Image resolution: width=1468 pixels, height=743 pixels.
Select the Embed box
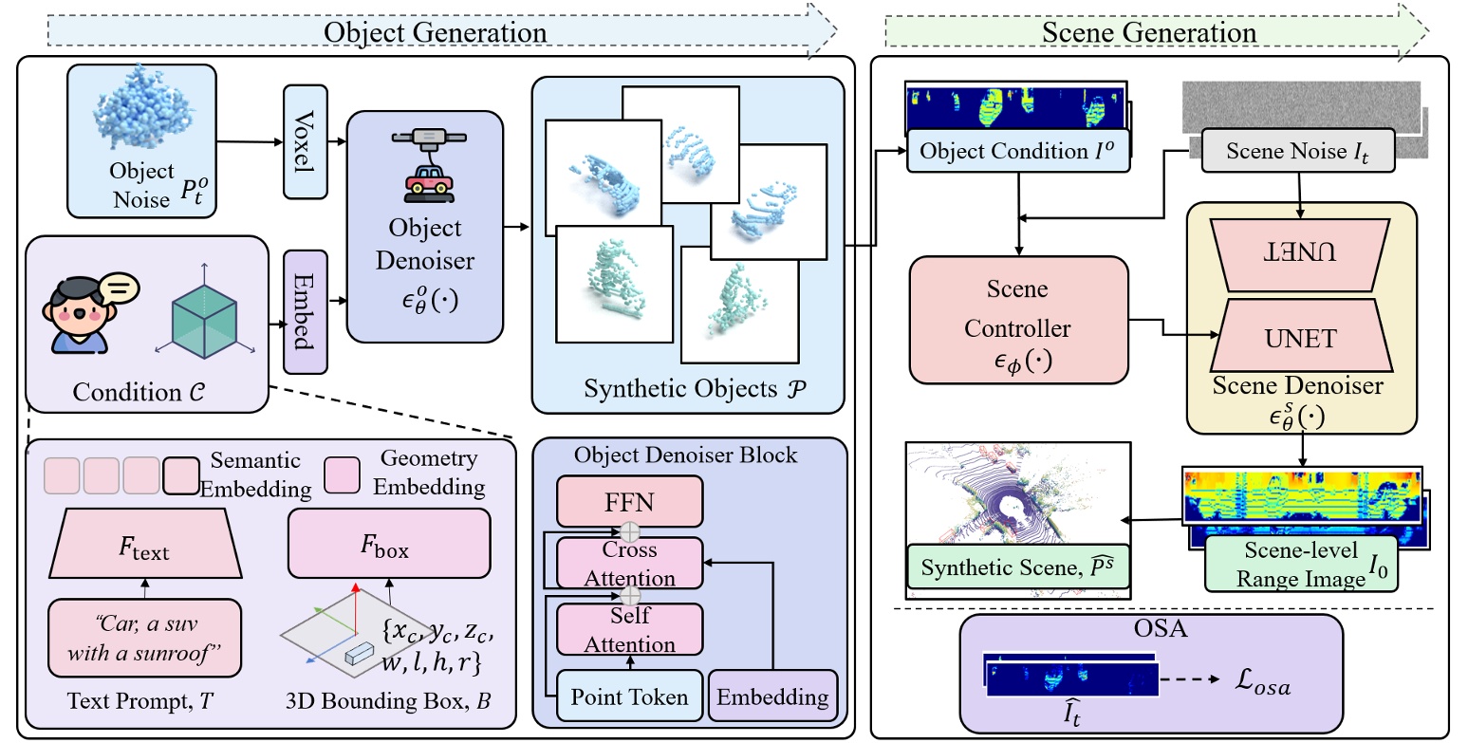tap(305, 312)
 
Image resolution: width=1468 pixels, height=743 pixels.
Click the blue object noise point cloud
tap(139, 122)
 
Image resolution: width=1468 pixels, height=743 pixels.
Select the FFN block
tap(629, 500)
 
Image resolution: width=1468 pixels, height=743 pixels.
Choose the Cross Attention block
tap(629, 564)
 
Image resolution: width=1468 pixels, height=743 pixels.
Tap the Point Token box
tap(629, 697)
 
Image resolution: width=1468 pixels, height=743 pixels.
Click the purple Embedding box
tap(772, 697)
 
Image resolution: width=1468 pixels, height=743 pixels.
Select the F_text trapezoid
tap(145, 548)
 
